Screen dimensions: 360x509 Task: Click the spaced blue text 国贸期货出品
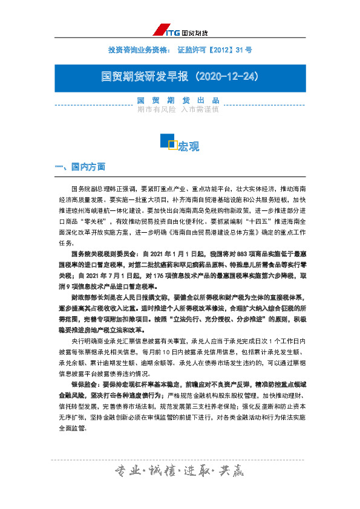coord(178,100)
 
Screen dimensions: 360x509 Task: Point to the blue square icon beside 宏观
coord(168,141)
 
